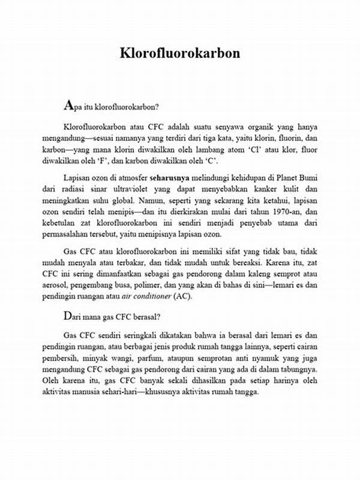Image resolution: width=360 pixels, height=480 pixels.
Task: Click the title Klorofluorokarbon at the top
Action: [179, 53]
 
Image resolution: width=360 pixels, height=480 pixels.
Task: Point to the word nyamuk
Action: [256, 358]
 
